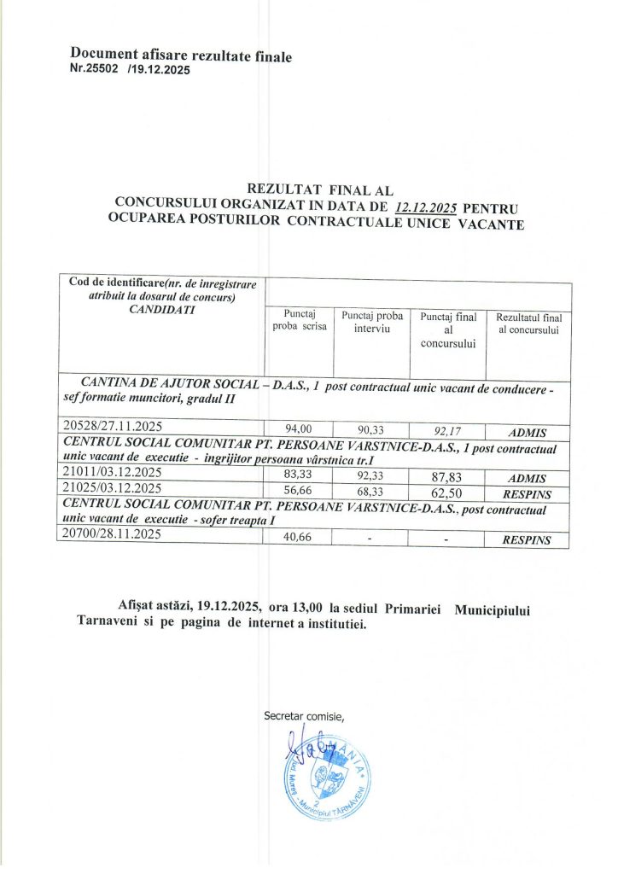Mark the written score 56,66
pos(299,489)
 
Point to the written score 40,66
pos(299,539)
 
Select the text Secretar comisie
pos(304,714)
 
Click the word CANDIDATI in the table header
pos(161,309)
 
